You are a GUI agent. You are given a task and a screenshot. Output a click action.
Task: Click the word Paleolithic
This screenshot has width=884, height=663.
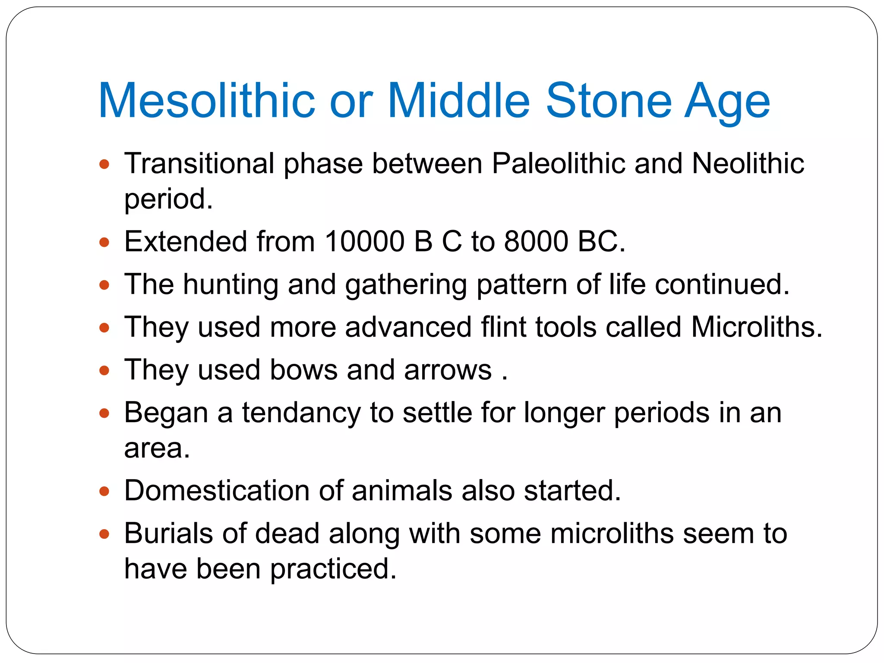(559, 164)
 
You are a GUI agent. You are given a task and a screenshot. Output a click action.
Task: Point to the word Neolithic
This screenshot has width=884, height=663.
(748, 164)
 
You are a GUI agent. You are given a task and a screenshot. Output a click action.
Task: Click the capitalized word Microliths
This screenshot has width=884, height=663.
(756, 327)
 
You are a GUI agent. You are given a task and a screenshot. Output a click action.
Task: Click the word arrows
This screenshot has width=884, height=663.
(448, 370)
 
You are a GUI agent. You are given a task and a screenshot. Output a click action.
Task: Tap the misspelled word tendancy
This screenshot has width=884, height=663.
(301, 414)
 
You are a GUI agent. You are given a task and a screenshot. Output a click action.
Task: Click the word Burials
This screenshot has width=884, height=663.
(169, 534)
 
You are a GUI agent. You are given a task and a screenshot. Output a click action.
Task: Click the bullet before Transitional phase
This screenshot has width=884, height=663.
(104, 164)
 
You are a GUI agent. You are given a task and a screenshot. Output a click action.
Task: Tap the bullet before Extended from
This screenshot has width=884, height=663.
(104, 242)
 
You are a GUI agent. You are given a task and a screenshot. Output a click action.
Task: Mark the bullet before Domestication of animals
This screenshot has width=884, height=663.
(104, 492)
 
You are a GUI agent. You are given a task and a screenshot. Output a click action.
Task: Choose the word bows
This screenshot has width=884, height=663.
(303, 370)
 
